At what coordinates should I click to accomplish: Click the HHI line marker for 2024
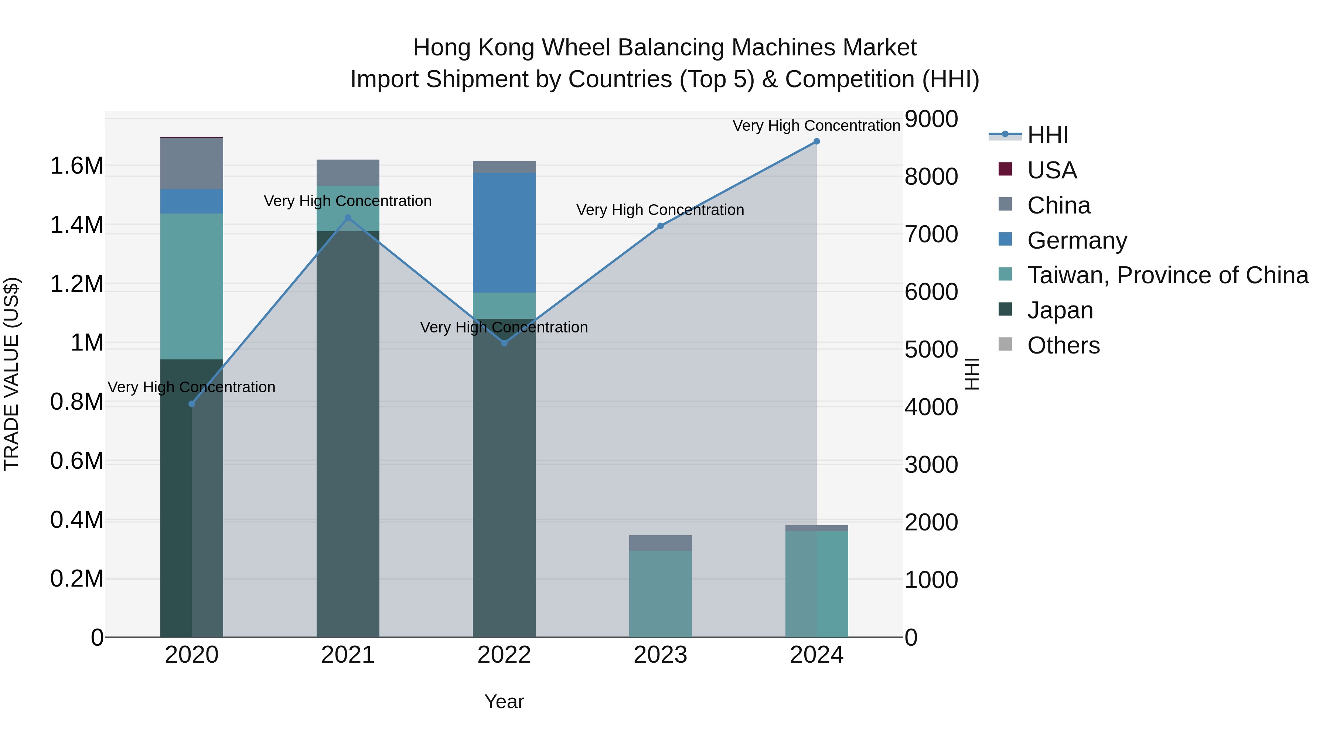pos(816,141)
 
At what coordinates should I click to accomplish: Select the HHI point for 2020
pos(191,404)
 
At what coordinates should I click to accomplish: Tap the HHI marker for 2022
pos(504,343)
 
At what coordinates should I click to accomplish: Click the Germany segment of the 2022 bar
pos(504,232)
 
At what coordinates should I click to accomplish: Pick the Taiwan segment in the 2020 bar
pos(191,287)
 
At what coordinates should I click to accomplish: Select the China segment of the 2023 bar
pos(660,543)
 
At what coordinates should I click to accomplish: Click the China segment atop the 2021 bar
pos(348,173)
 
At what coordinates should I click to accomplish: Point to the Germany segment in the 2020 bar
pos(191,201)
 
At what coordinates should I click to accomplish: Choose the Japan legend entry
pos(1060,310)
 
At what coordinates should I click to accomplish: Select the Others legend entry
pos(1063,345)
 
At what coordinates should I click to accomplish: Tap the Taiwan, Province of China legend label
pos(1168,275)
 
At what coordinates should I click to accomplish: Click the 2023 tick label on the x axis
pos(660,655)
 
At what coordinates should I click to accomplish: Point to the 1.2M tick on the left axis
pos(77,284)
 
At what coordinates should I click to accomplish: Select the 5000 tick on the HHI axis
pos(931,349)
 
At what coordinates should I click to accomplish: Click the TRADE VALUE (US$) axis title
pos(11,374)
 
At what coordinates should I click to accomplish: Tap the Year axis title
pos(504,701)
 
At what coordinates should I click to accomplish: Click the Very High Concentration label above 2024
pos(816,126)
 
